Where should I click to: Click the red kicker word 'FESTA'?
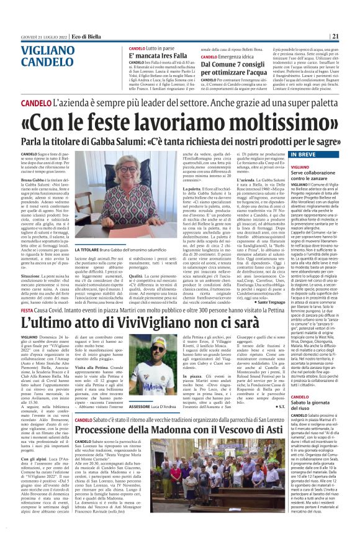coord(29,308)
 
